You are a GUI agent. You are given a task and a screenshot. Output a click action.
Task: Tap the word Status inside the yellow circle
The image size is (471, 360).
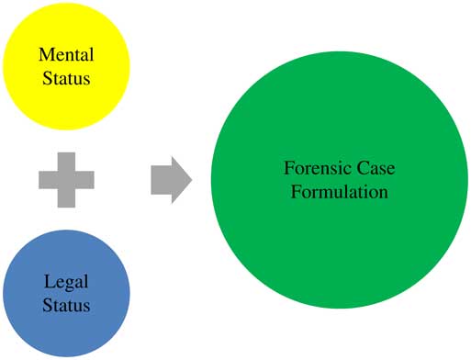[66, 79]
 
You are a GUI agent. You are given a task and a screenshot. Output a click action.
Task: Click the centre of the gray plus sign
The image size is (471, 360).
[66, 179]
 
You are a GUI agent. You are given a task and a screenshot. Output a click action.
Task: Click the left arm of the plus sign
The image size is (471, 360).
[46, 179]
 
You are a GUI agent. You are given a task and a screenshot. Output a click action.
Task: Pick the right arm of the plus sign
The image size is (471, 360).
[86, 179]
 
